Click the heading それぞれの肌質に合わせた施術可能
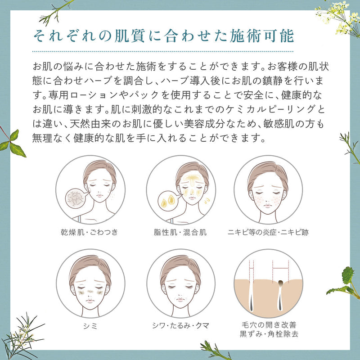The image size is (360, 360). tap(163, 36)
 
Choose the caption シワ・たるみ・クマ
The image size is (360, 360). tap(180, 324)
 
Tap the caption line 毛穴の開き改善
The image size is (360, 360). tap(268, 324)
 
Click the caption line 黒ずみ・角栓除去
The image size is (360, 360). tap(268, 334)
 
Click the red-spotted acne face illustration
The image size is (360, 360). tap(268, 189)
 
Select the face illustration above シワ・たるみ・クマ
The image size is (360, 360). tap(180, 281)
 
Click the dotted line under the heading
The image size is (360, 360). tap(163, 52)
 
